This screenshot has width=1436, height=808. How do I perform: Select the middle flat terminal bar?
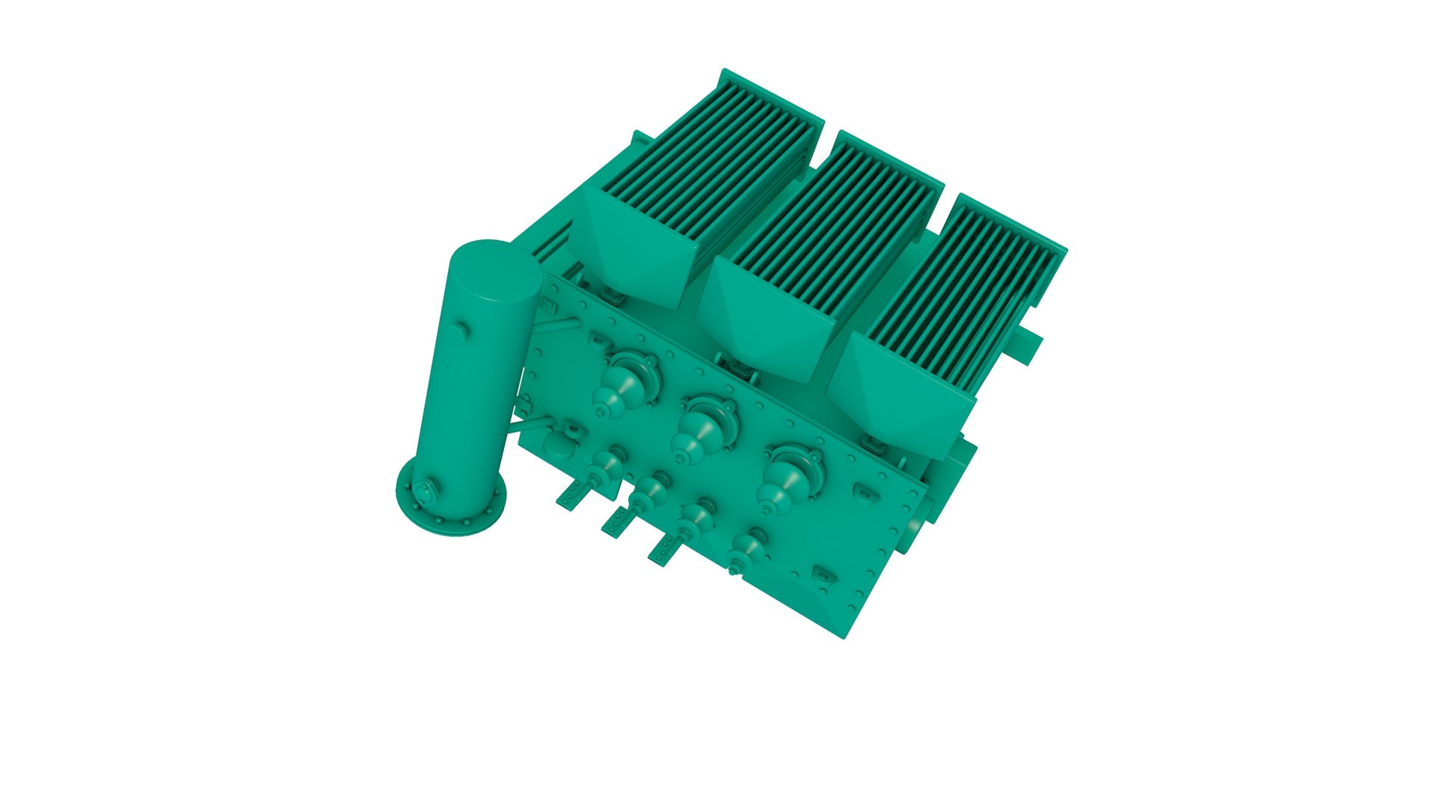(618, 521)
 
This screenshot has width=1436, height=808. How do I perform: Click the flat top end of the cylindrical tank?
(494, 270)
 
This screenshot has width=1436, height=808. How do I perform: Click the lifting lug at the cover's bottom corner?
(823, 575)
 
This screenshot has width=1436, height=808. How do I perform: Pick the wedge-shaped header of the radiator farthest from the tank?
(897, 393)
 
